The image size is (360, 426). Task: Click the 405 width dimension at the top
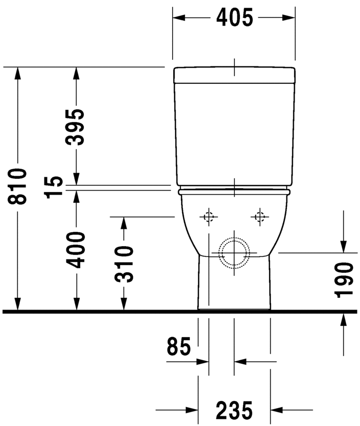point(234,18)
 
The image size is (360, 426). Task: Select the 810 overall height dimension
point(18,186)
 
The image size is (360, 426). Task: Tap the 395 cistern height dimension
point(77,127)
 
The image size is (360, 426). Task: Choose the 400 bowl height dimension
point(77,249)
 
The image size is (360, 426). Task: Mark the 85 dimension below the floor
point(179,348)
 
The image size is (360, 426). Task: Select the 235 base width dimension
point(234,410)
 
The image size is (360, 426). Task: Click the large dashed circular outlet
point(234,253)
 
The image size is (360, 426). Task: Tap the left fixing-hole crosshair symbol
point(208,217)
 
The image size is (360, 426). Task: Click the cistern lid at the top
point(234,75)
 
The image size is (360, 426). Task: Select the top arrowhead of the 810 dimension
point(18,73)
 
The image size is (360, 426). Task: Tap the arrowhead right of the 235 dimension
point(277,410)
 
